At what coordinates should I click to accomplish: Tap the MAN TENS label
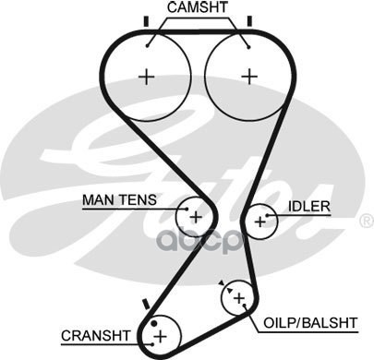(x=119, y=200)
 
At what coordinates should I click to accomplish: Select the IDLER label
(x=309, y=206)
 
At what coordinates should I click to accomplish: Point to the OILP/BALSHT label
(x=310, y=323)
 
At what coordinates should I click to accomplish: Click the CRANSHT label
(x=96, y=336)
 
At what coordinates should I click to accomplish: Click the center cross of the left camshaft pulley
(x=147, y=77)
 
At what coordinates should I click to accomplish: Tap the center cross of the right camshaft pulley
(x=249, y=77)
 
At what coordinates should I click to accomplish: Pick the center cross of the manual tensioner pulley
(x=196, y=218)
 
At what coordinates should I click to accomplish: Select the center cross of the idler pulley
(x=260, y=222)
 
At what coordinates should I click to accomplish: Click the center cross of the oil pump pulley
(x=239, y=298)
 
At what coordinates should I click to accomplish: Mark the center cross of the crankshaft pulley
(x=160, y=336)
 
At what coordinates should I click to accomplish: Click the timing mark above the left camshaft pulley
(x=146, y=21)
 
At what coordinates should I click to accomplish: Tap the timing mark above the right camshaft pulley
(x=249, y=21)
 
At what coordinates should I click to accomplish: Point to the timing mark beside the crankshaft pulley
(x=146, y=304)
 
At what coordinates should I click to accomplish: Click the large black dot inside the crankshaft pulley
(x=154, y=324)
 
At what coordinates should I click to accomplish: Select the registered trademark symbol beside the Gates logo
(x=367, y=222)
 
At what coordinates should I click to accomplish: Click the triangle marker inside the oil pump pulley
(x=229, y=290)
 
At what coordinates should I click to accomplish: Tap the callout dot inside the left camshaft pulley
(x=148, y=46)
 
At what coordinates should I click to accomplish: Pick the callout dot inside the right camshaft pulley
(x=248, y=47)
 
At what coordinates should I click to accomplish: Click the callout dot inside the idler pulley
(x=267, y=215)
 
